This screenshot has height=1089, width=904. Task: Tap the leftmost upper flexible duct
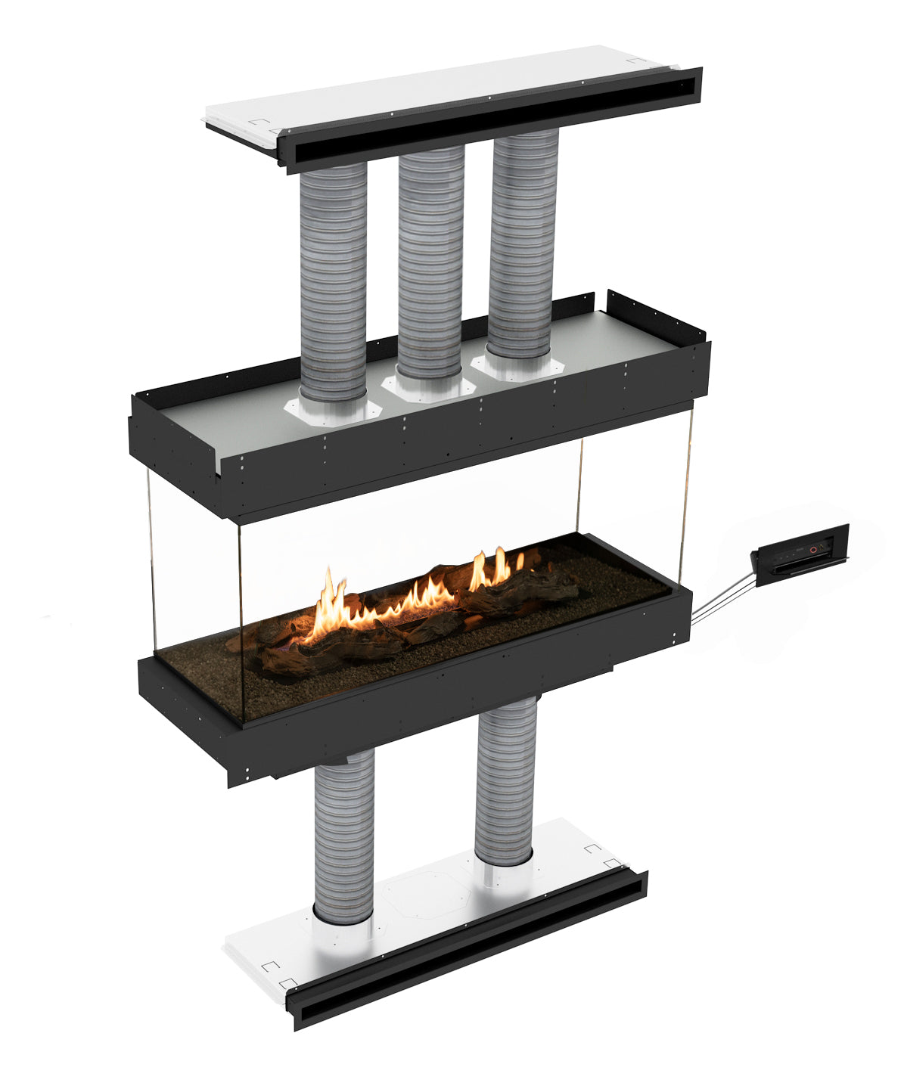click(x=333, y=280)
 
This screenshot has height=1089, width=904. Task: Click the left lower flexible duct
click(x=343, y=832)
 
